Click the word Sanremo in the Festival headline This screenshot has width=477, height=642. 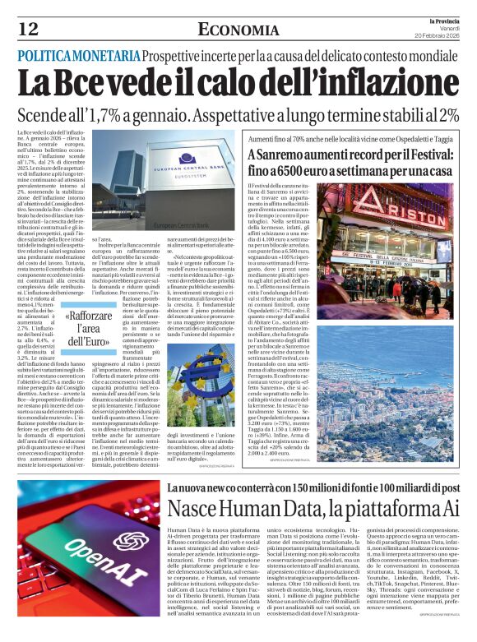278,155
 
